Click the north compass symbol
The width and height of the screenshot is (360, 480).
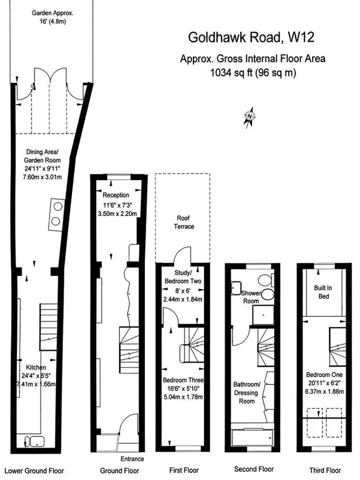click(250, 117)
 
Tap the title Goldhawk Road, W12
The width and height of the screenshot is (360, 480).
click(251, 37)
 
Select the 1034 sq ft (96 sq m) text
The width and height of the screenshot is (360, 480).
click(253, 73)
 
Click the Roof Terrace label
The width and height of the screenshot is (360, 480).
click(184, 222)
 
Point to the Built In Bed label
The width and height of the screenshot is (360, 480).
click(323, 292)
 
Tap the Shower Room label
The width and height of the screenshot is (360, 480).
click(251, 297)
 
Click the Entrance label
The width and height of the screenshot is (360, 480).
click(132, 459)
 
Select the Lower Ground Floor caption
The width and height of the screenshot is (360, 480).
click(34, 471)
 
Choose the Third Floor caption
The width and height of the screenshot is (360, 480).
click(325, 470)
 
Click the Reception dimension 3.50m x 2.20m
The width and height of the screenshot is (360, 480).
click(117, 214)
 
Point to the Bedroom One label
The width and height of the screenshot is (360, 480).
click(324, 375)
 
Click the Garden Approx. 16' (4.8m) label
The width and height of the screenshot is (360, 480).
click(53, 17)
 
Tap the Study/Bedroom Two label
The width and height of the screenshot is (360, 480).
click(183, 277)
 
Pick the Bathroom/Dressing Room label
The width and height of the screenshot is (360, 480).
click(246, 393)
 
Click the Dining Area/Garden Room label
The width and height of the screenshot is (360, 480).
click(42, 156)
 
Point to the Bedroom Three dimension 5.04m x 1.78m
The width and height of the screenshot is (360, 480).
click(183, 397)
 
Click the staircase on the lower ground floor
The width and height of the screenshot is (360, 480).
click(48, 327)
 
